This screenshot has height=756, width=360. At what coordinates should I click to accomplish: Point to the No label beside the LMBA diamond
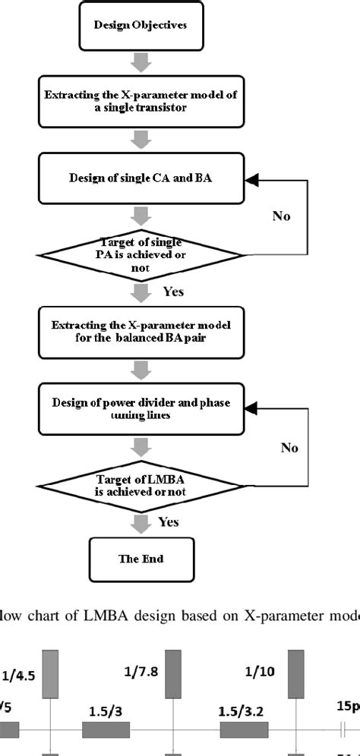click(289, 448)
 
